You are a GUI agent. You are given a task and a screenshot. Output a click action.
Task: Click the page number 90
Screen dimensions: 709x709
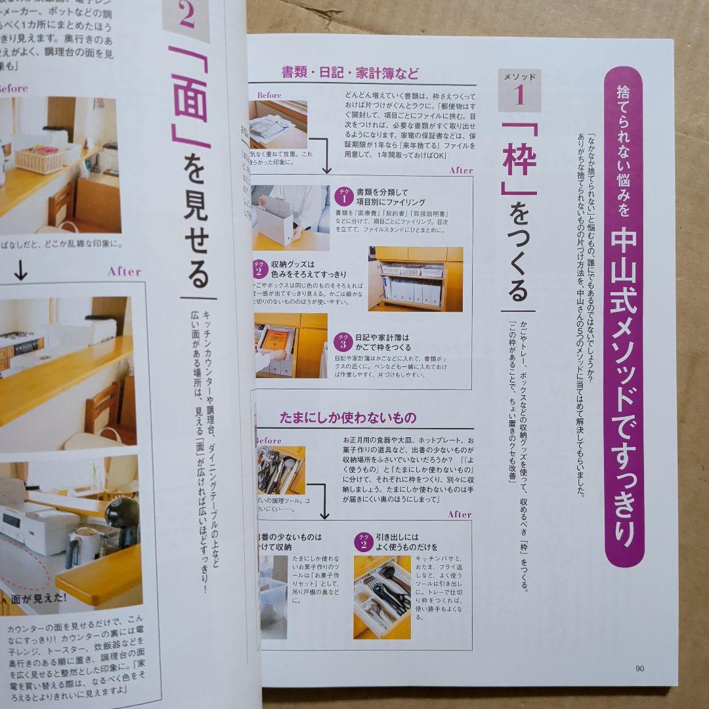[639, 669]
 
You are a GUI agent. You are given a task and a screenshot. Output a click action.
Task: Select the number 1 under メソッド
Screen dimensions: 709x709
[519, 96]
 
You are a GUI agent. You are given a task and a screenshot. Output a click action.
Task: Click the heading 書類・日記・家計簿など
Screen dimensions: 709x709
[350, 73]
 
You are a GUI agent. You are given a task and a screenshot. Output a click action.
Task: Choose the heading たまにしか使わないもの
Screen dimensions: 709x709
[348, 418]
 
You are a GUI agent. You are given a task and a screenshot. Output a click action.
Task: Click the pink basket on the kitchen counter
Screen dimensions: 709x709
[38, 159]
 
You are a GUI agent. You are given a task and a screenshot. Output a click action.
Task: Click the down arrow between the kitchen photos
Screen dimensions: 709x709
[21, 271]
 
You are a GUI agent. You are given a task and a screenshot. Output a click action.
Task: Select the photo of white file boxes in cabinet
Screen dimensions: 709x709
[415, 279]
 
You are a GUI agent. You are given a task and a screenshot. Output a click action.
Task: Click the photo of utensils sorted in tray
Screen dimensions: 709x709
[382, 597]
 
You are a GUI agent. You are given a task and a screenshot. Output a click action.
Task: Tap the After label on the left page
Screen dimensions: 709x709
[124, 271]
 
